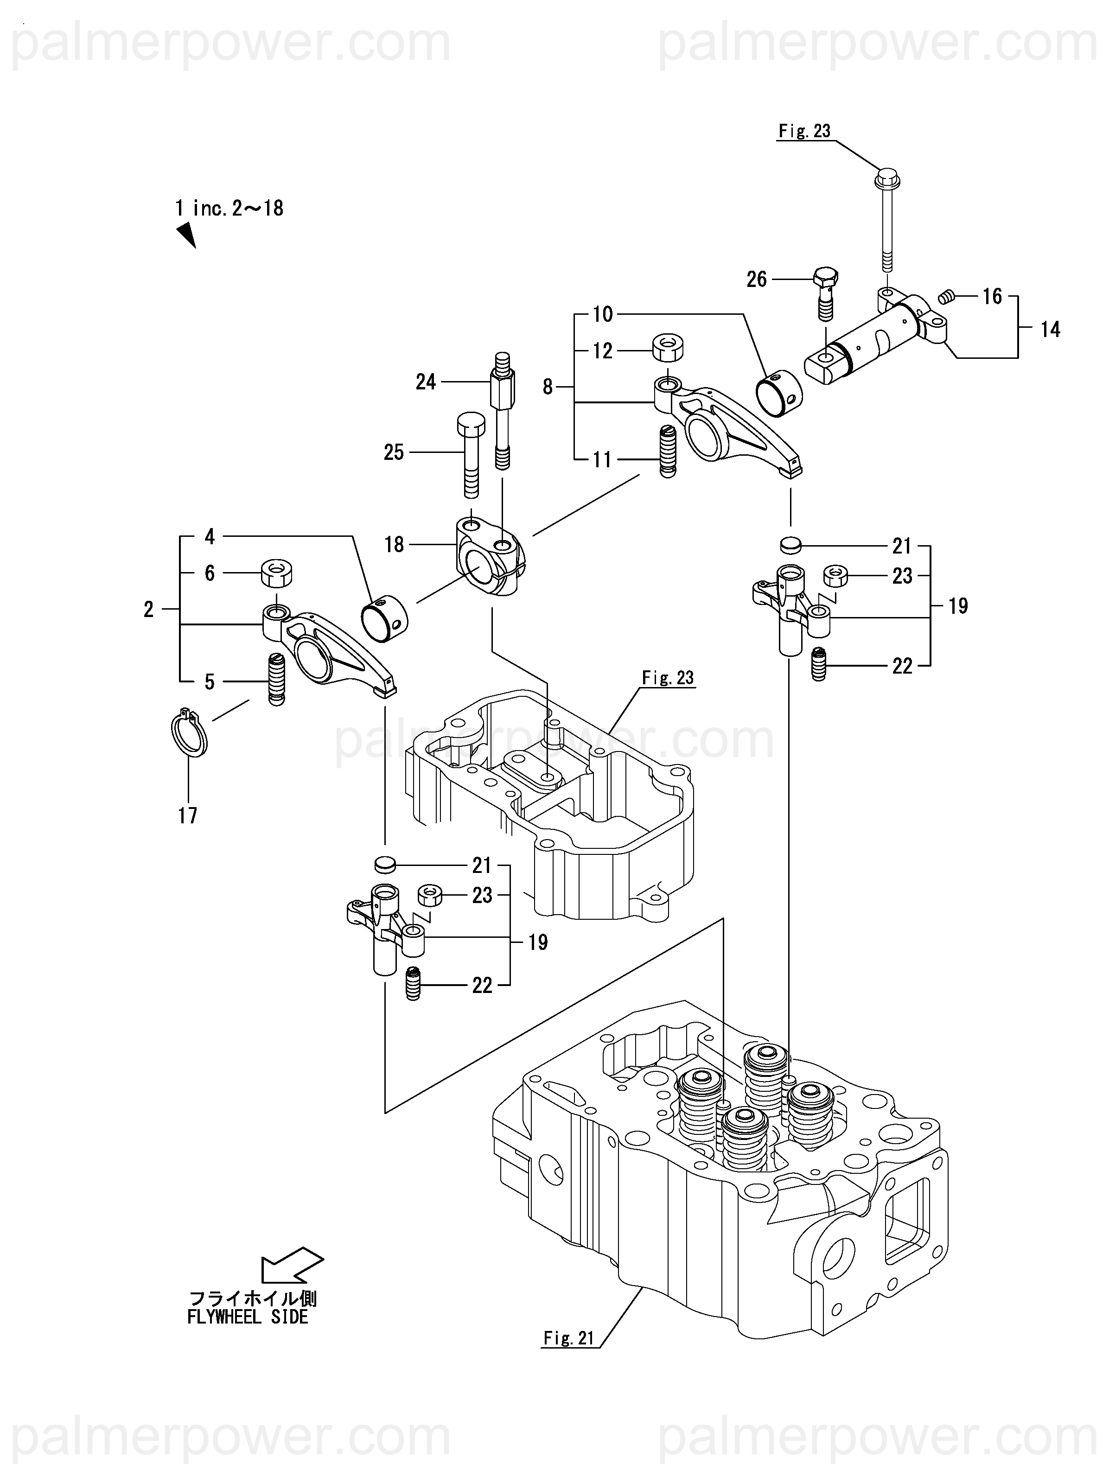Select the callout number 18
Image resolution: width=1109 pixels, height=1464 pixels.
click(x=394, y=545)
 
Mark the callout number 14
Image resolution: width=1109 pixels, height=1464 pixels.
click(x=1050, y=329)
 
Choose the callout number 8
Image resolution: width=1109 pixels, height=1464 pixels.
click(x=548, y=387)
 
